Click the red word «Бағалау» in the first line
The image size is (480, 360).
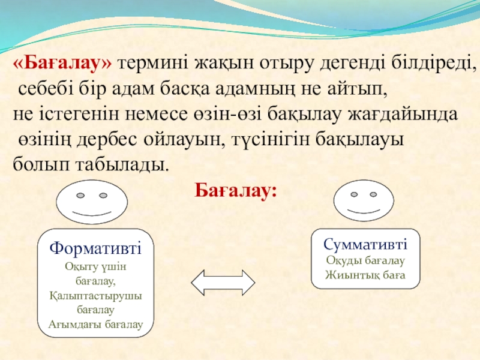click(x=63, y=64)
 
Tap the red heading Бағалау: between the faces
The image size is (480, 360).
click(x=236, y=191)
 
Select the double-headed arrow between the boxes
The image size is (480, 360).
click(x=223, y=283)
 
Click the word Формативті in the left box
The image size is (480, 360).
click(x=95, y=248)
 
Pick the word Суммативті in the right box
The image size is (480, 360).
click(x=365, y=244)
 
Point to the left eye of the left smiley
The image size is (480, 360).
click(x=80, y=196)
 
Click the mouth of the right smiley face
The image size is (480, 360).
click(x=364, y=211)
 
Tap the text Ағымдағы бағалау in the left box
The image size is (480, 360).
click(x=95, y=324)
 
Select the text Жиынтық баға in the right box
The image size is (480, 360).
click(x=365, y=275)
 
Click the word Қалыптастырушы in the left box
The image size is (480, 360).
click(x=95, y=296)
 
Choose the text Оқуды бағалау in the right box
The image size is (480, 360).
click(x=365, y=260)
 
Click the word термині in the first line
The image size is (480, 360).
click(x=154, y=64)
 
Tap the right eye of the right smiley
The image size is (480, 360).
click(x=373, y=194)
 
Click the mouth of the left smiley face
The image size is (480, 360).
click(x=92, y=213)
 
